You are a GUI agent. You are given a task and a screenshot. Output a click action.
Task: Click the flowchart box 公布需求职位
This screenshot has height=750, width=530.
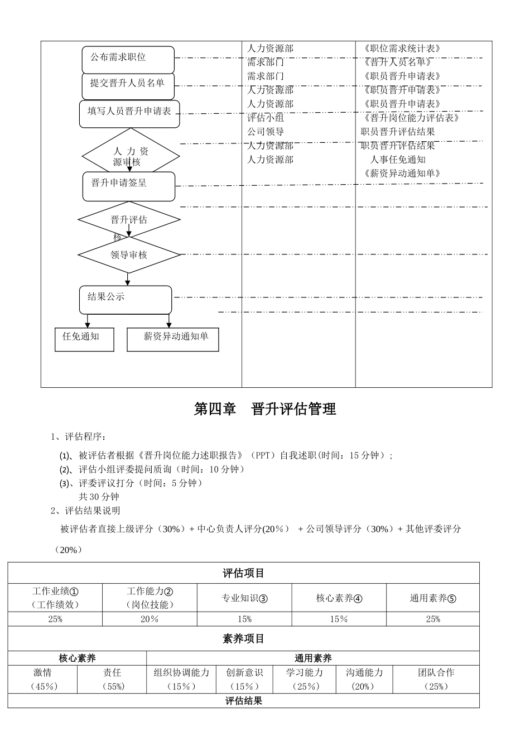(128, 59)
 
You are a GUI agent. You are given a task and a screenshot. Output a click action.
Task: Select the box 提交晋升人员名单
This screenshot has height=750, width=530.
(128, 85)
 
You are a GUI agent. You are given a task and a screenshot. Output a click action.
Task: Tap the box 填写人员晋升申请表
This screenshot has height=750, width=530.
(129, 113)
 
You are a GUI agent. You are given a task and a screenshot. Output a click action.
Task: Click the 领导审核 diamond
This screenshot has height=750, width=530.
(129, 255)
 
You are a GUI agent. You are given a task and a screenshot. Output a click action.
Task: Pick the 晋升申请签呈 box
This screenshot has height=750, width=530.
(129, 186)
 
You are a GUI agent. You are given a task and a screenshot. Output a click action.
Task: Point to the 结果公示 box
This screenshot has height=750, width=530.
(126, 300)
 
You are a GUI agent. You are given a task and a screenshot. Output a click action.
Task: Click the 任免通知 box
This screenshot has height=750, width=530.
(84, 339)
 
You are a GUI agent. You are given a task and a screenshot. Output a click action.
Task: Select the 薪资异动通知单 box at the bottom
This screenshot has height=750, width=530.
(172, 339)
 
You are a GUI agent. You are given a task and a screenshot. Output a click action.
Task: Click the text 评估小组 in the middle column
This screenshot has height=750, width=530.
(266, 118)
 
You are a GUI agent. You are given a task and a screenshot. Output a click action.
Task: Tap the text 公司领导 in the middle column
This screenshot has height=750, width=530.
(266, 132)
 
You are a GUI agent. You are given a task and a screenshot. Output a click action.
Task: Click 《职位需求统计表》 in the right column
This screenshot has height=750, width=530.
(402, 49)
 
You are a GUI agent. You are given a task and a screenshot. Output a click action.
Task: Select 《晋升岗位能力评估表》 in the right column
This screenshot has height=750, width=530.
(411, 118)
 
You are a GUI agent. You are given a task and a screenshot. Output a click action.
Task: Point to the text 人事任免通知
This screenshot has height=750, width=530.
(398, 160)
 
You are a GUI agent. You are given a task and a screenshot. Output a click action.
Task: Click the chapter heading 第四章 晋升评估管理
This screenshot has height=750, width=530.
(265, 409)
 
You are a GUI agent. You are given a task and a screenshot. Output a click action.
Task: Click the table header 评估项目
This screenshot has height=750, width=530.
(243, 573)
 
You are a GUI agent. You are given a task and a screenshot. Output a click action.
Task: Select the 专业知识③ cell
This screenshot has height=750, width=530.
(244, 598)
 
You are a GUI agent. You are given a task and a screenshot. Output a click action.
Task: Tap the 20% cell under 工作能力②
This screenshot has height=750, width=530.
(150, 619)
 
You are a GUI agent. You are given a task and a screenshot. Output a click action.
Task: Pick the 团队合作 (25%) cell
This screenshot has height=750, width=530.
(436, 679)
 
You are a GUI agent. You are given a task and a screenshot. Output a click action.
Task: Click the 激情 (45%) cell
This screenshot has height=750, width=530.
(42, 679)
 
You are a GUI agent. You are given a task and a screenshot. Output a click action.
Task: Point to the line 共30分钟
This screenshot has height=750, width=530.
(99, 497)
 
